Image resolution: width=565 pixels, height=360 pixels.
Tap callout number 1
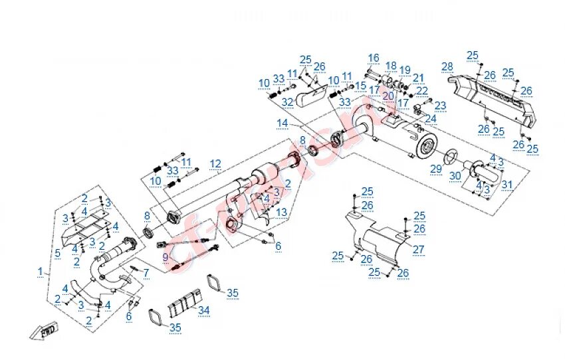click(40, 272)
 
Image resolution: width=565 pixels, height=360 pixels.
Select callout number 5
click(58, 253)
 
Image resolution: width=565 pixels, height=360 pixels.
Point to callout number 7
click(146, 272)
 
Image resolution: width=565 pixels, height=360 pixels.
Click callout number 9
click(165, 257)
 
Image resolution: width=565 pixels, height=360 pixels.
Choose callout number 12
click(215, 163)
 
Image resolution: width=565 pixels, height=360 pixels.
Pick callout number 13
click(282, 212)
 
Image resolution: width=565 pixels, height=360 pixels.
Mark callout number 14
click(282, 123)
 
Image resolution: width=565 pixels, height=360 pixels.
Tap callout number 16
click(374, 58)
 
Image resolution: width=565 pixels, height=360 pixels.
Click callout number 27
click(418, 249)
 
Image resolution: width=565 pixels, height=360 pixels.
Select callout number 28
click(447, 66)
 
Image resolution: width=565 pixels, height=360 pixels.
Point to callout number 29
click(435, 169)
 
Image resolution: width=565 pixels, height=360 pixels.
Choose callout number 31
click(507, 184)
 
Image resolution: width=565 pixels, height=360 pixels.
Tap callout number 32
click(287, 102)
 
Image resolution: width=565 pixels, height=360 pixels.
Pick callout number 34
click(203, 310)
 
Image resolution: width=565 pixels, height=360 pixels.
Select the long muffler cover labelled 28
click(492, 100)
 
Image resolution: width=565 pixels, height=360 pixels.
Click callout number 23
click(440, 105)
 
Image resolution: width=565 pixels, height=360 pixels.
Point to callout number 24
click(431, 120)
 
